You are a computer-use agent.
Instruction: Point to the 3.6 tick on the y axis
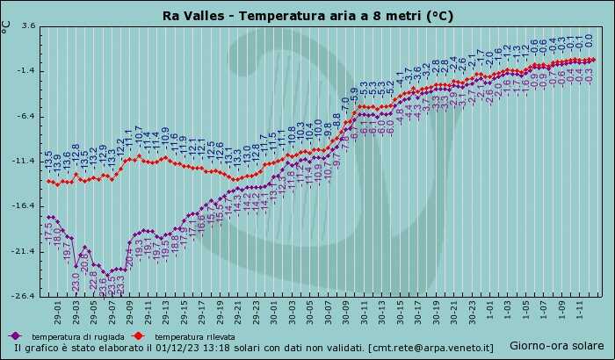(28, 25)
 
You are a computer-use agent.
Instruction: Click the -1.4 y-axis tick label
(26, 70)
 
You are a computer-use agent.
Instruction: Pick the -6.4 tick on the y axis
(26, 116)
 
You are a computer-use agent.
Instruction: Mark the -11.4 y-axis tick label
(25, 161)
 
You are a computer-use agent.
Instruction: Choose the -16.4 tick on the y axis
(25, 205)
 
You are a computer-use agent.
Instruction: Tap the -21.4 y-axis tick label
(25, 251)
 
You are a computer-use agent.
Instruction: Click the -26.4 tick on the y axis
(25, 296)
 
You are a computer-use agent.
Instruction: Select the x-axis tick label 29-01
(57, 311)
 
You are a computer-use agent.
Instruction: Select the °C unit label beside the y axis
(7, 26)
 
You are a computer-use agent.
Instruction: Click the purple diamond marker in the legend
(15, 336)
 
